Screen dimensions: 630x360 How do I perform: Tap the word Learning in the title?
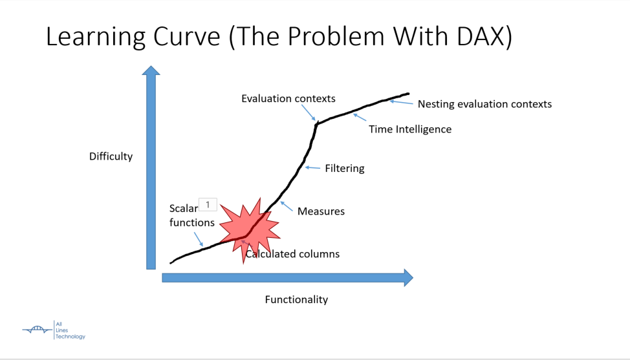(x=96, y=37)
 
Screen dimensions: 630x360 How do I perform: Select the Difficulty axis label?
(x=111, y=156)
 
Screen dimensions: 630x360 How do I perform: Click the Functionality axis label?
(x=296, y=299)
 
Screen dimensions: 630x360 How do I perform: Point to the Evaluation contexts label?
(x=288, y=98)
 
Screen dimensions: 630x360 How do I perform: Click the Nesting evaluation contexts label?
(x=484, y=104)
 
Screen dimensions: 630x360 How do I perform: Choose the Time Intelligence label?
(x=410, y=129)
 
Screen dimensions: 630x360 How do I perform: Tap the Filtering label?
(x=345, y=168)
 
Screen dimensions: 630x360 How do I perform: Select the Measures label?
(x=321, y=211)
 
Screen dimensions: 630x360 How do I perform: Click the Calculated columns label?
(x=292, y=253)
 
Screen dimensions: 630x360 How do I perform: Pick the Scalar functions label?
(x=191, y=215)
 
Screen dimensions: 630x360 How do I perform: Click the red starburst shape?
(x=249, y=229)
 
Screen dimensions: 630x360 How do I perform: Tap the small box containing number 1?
(x=208, y=205)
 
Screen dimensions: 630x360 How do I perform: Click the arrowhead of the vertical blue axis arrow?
(x=151, y=70)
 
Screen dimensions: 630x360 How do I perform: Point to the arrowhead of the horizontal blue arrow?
(x=408, y=278)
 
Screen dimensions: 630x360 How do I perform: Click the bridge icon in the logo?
(x=38, y=330)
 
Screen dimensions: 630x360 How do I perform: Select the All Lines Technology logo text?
(x=70, y=330)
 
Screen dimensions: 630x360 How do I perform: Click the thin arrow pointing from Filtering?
(x=312, y=167)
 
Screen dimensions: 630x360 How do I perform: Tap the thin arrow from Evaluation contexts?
(x=309, y=112)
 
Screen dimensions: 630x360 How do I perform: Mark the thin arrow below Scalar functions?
(x=199, y=239)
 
